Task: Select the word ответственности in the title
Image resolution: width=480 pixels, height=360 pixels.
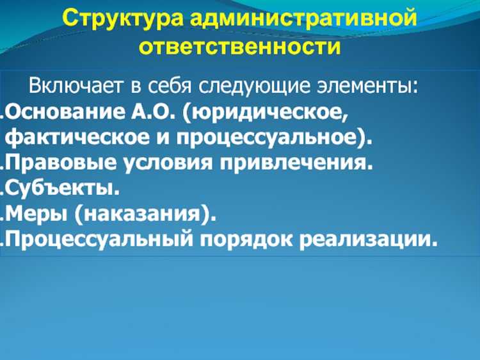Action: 239,48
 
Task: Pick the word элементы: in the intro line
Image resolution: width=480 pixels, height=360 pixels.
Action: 372,86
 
